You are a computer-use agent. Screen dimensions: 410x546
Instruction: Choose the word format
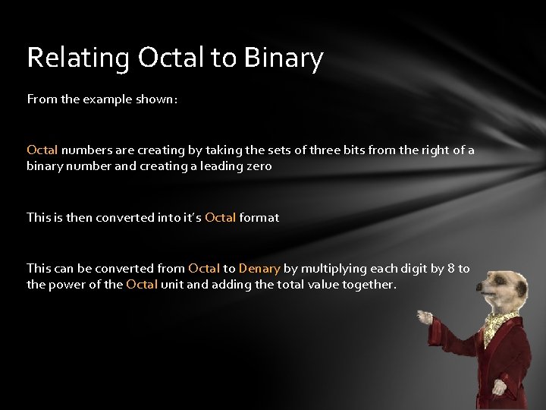pyautogui.click(x=259, y=217)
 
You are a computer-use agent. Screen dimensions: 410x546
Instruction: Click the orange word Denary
pyautogui.click(x=259, y=269)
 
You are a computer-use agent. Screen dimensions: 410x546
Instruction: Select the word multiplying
pyautogui.click(x=330, y=269)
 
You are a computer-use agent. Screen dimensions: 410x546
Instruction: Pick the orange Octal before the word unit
pyautogui.click(x=142, y=285)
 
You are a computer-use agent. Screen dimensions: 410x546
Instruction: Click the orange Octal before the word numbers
pyautogui.click(x=42, y=150)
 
